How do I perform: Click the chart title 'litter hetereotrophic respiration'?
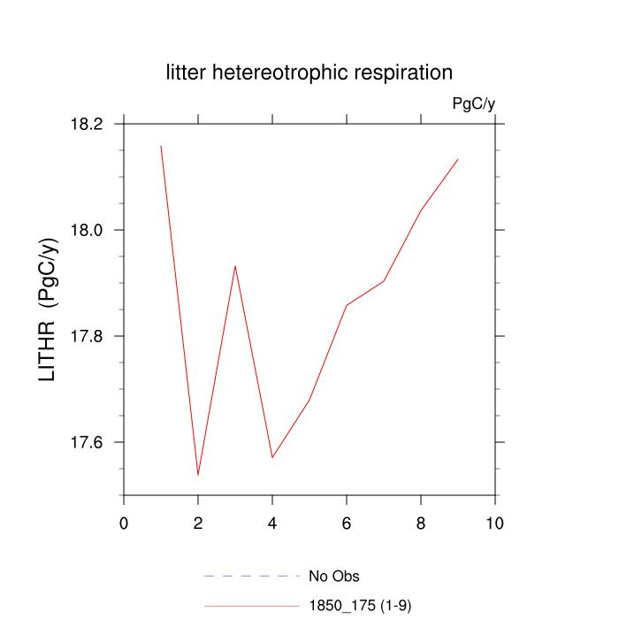tap(309, 73)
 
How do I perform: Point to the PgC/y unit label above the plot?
tap(473, 103)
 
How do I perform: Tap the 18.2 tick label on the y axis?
tap(87, 124)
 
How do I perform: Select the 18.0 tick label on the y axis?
tap(87, 230)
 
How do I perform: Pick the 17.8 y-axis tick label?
tap(87, 336)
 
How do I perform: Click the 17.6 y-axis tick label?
tap(87, 442)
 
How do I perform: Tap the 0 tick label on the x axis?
tap(124, 523)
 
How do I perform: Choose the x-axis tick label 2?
tap(198, 523)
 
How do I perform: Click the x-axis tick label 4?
tap(272, 523)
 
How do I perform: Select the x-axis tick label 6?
tap(347, 523)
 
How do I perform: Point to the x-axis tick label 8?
tap(421, 523)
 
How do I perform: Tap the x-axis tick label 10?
tap(495, 523)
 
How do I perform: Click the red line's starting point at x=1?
tap(161, 146)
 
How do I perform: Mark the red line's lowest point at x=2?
tap(198, 475)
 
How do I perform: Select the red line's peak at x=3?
tap(235, 265)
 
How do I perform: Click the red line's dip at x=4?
tap(272, 457)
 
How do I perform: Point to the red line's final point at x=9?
tap(458, 159)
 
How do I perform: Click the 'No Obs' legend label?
tap(333, 577)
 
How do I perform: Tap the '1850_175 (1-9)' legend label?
tap(360, 606)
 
